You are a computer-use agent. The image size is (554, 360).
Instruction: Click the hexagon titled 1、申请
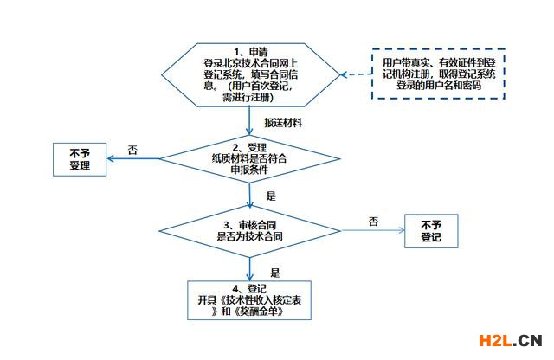click(250, 75)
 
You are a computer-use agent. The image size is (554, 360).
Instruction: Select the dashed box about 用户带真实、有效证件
click(438, 74)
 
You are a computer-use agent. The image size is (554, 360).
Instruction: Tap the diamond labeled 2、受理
click(250, 158)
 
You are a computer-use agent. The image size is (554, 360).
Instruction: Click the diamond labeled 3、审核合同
click(250, 231)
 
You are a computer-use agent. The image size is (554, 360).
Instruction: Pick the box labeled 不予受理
click(80, 159)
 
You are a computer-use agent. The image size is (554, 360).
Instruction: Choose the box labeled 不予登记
click(431, 231)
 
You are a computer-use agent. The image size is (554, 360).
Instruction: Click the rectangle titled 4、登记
click(249, 300)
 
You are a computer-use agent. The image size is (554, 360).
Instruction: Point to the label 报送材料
click(283, 123)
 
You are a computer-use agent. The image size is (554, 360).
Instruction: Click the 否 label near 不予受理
click(132, 151)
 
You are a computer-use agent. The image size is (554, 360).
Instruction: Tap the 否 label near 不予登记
click(373, 222)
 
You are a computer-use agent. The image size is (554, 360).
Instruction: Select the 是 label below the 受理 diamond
click(271, 196)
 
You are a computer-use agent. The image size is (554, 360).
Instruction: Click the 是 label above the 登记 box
click(275, 273)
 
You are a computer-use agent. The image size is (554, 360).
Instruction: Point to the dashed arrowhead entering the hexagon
click(344, 75)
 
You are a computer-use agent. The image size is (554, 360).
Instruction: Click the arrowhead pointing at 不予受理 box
click(110, 158)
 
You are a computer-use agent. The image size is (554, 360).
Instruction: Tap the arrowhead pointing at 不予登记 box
click(401, 231)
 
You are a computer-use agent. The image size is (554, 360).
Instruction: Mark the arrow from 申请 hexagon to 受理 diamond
click(249, 121)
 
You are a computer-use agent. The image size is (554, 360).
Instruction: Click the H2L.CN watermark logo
click(511, 341)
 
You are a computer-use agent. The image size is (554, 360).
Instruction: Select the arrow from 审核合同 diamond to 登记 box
click(250, 269)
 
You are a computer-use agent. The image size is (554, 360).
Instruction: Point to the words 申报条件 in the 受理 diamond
click(249, 170)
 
